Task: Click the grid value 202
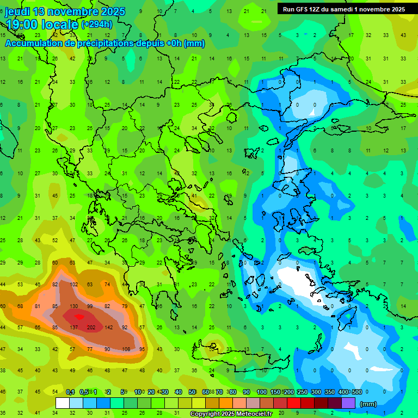(91, 327)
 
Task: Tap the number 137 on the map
(74, 327)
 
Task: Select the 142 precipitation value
(108, 327)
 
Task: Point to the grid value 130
(74, 306)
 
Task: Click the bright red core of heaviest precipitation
(79, 316)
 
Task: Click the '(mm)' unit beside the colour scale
(368, 404)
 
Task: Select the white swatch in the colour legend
(63, 403)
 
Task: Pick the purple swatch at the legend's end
(348, 403)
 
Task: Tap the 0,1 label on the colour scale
(70, 392)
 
